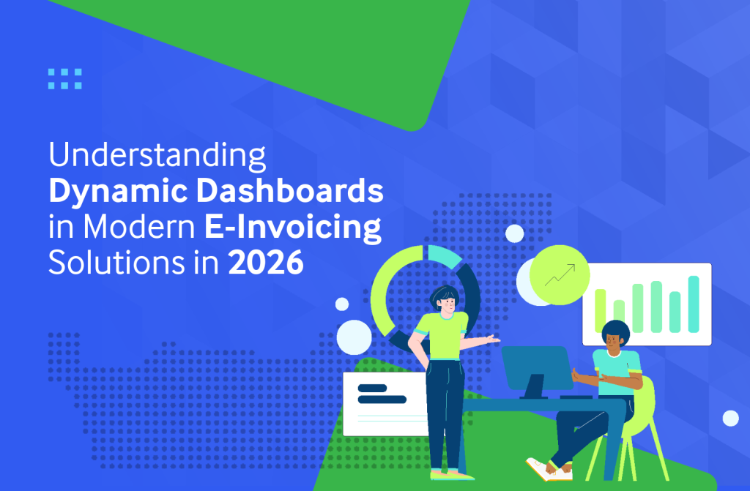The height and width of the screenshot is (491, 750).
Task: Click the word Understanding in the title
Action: tap(157, 156)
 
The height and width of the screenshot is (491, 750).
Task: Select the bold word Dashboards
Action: tap(290, 191)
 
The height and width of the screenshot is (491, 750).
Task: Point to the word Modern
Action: tap(139, 227)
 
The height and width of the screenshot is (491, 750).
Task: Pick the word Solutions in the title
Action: tap(116, 263)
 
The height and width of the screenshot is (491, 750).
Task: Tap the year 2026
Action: tap(265, 263)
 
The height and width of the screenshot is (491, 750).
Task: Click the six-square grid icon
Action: tap(65, 79)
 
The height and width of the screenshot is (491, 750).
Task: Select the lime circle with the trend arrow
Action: tap(559, 275)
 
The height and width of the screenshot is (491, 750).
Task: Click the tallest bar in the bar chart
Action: tap(694, 304)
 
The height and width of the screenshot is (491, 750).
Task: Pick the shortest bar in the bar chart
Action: tap(619, 316)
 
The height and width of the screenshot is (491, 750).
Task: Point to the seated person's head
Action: tap(615, 336)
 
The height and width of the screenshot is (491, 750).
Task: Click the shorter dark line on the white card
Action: tap(372, 389)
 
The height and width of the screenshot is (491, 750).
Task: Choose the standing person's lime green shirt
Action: tap(440, 335)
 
